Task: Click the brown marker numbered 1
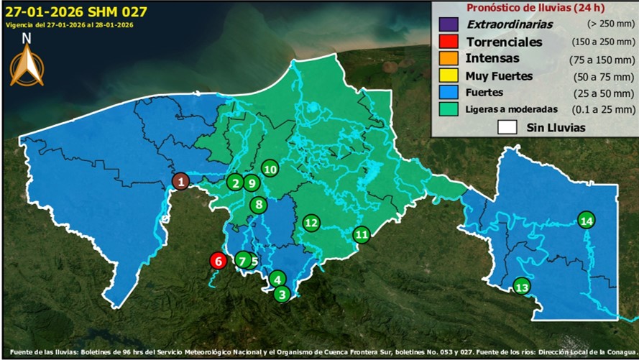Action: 181,182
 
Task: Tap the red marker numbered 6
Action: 218,261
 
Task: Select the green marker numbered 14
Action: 587,221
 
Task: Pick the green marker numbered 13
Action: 522,287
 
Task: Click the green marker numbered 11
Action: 362,234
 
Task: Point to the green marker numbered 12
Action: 311,223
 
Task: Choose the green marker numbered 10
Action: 270,170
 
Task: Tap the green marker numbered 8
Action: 259,205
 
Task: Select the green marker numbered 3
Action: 282,293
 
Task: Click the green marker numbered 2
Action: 235,183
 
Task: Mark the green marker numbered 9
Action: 251,183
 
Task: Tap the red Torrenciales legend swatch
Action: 447,42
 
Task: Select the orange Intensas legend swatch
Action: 447,59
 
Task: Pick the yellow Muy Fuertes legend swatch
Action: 447,76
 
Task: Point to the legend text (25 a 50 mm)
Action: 603,93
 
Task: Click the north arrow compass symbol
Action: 27,65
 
